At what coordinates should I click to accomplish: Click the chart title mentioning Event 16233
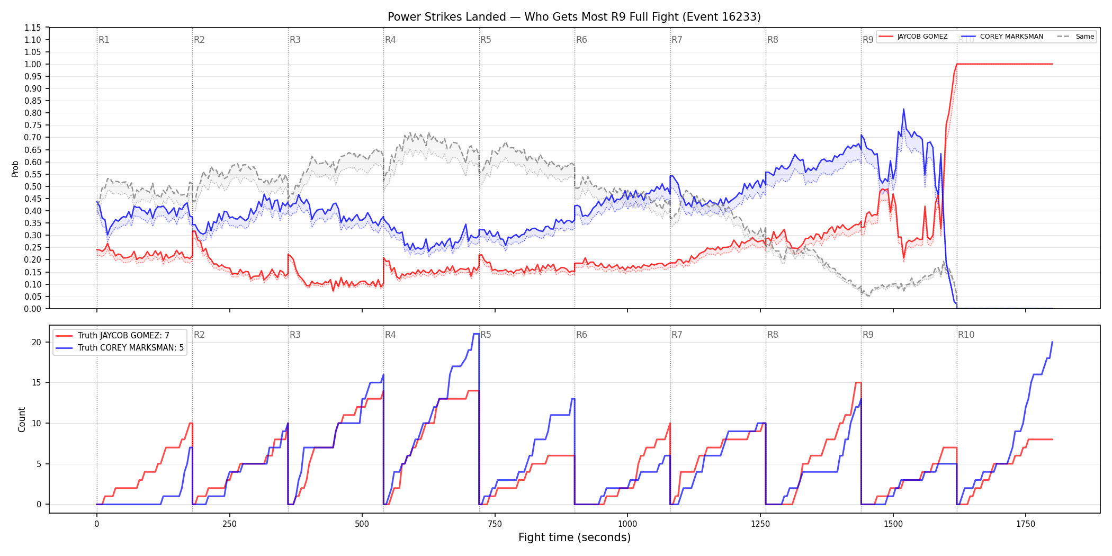coord(574,17)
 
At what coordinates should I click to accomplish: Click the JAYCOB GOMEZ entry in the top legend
coord(922,37)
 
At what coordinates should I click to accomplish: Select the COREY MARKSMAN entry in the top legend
coord(1011,37)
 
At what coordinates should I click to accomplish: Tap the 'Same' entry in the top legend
coord(1084,37)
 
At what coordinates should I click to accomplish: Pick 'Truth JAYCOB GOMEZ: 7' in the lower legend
coord(123,336)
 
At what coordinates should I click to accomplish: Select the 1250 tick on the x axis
coord(760,524)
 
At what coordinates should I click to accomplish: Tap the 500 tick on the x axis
coord(362,524)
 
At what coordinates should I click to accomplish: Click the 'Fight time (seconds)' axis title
coord(575,537)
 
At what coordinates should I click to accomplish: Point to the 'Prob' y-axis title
coord(15,168)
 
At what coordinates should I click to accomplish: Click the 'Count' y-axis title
coord(22,419)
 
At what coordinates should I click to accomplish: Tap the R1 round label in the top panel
coord(104,40)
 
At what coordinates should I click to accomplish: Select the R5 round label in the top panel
coord(486,40)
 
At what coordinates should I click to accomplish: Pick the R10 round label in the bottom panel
coord(966,335)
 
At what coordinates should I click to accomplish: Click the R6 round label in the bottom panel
coord(581,335)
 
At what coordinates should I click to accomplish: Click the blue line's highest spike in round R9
coord(903,109)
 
